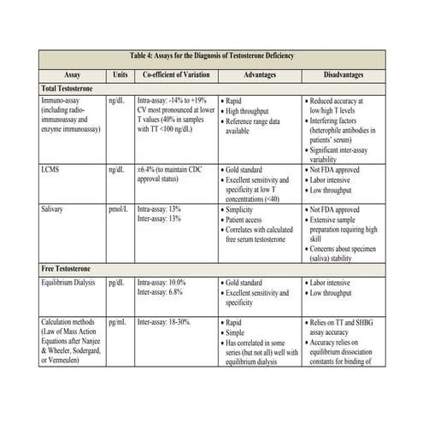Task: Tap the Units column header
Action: click(120, 74)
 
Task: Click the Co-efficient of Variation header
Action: click(176, 74)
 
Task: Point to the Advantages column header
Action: click(259, 74)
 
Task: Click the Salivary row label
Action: click(56, 209)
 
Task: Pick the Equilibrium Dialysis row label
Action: click(73, 282)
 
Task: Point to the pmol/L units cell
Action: click(120, 209)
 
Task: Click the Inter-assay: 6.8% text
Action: click(162, 292)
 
